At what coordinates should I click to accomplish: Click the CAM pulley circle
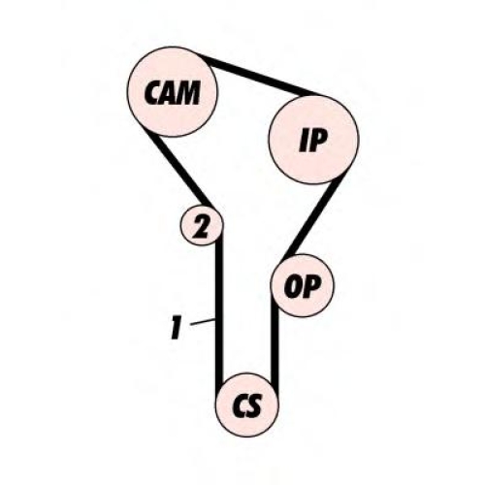[x=173, y=92]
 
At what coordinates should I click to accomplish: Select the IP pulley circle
[x=313, y=140]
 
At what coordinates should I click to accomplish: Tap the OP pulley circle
[x=302, y=286]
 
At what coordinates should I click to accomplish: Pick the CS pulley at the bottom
[x=247, y=405]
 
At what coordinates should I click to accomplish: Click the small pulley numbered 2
[x=202, y=225]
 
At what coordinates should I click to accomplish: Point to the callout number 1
[x=176, y=328]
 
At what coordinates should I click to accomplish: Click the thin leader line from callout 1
[x=203, y=322]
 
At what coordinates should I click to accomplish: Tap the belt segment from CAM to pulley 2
[x=178, y=169]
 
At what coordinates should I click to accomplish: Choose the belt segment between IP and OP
[x=313, y=220]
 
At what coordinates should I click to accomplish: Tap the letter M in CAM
[x=187, y=93]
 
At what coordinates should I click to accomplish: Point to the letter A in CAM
[x=169, y=93]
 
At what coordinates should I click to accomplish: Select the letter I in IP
[x=304, y=141]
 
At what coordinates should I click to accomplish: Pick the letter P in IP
[x=317, y=141]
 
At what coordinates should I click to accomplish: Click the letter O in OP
[x=292, y=286]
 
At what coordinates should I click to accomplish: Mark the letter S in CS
[x=254, y=405]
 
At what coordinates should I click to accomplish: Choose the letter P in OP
[x=310, y=286]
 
